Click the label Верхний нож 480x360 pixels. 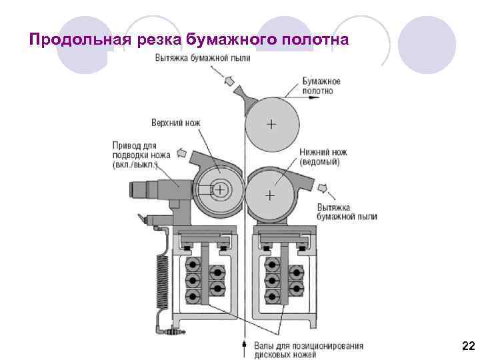[175, 123]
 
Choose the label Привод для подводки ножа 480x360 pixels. [141, 155]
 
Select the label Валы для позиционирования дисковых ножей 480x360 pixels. [309, 350]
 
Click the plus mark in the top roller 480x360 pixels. [271, 125]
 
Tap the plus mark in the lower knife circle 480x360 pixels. [269, 196]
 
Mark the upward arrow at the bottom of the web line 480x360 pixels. [245, 346]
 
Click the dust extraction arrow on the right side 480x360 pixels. [324, 189]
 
